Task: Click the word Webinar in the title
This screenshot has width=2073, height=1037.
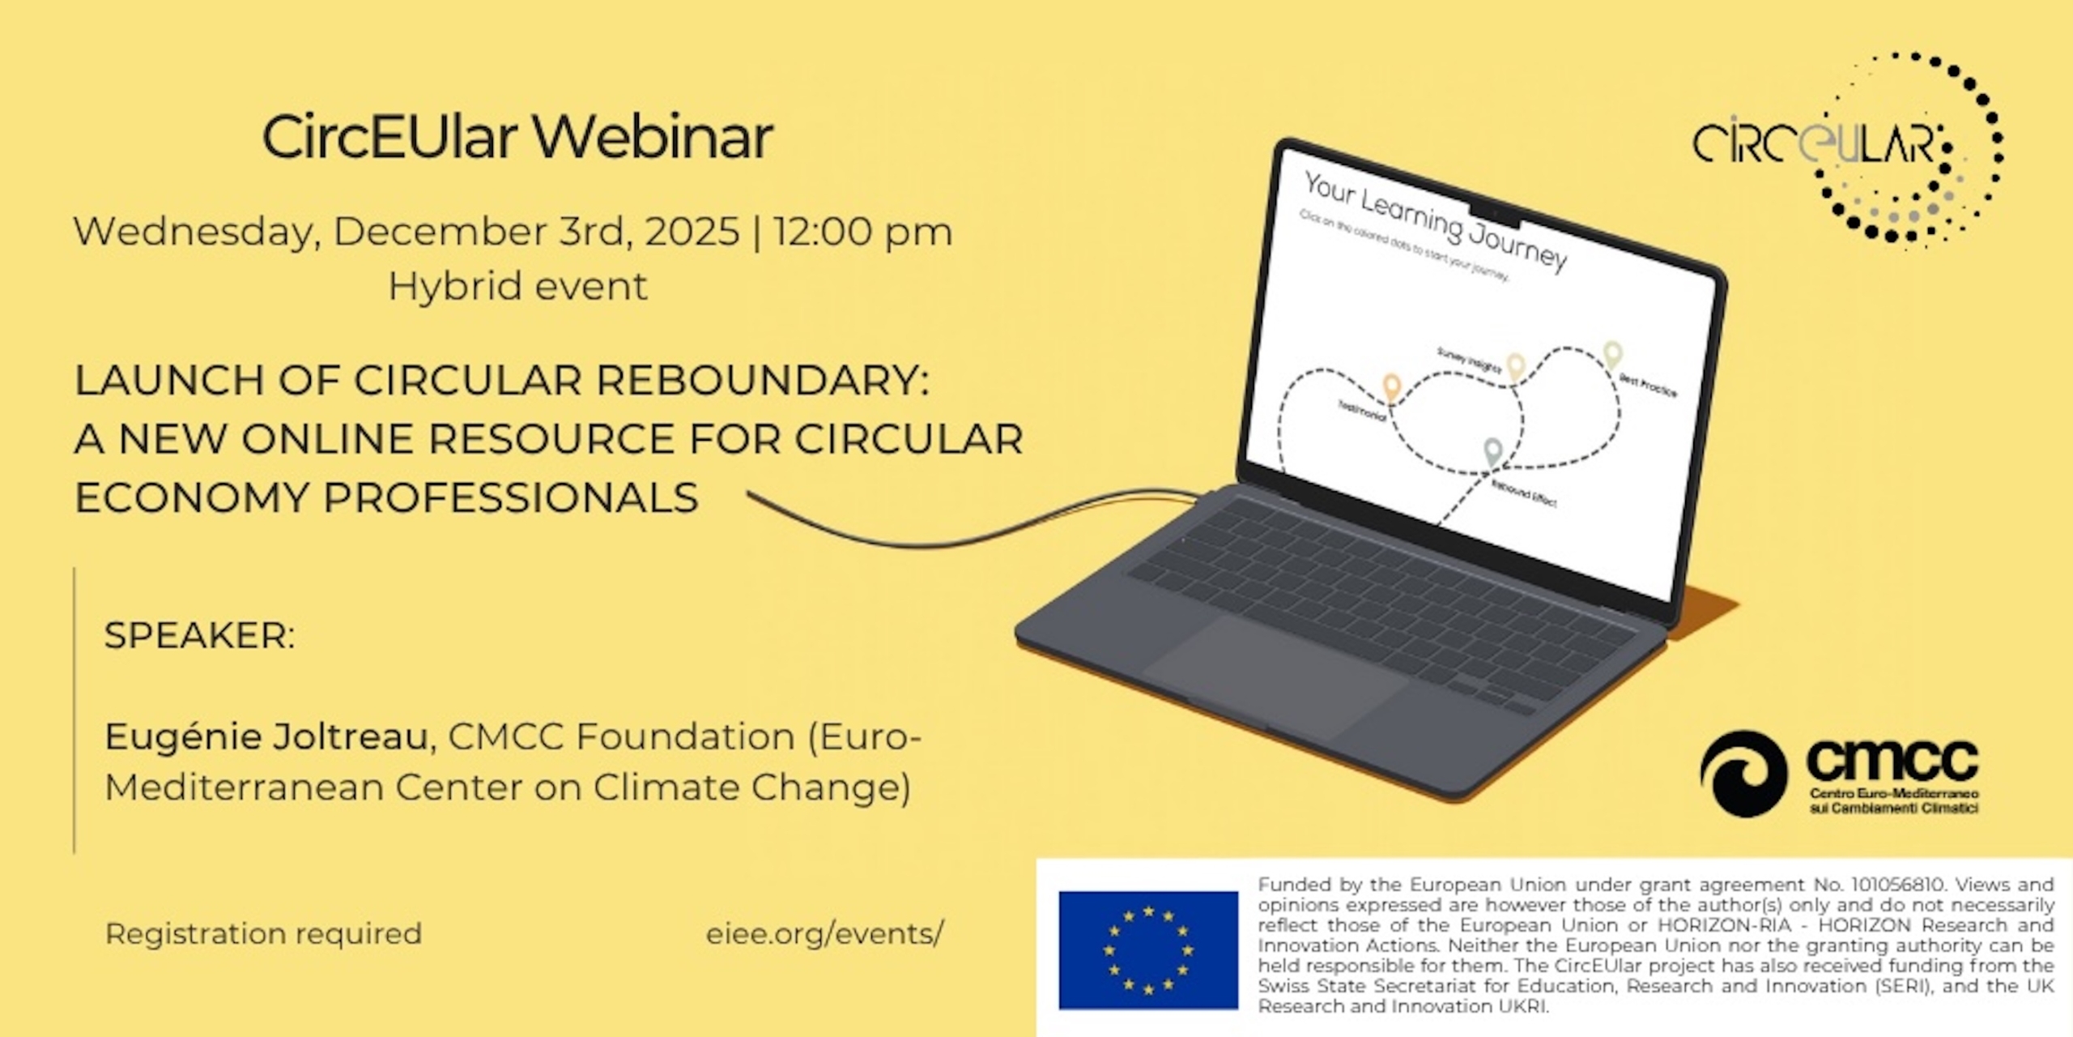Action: tap(653, 137)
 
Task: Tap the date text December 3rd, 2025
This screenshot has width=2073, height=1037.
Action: tap(536, 232)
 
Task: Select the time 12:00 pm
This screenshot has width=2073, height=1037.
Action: tap(862, 232)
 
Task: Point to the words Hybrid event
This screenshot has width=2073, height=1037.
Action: tap(517, 286)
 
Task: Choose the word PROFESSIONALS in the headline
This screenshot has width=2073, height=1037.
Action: tap(510, 497)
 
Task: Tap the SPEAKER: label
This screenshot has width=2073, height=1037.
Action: tap(199, 635)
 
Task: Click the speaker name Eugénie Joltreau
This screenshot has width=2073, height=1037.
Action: tap(270, 736)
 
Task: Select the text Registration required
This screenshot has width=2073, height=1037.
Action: tap(263, 933)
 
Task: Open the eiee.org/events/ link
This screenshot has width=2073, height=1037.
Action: tap(824, 933)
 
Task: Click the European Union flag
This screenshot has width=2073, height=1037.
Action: tap(1148, 950)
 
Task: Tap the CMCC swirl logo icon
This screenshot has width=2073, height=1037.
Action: tap(1743, 773)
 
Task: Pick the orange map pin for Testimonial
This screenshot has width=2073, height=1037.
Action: tap(1391, 387)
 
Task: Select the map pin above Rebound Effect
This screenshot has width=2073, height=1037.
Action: tap(1492, 452)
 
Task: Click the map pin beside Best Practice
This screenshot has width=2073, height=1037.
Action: tap(1612, 353)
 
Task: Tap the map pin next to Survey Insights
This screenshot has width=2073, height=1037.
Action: tap(1515, 366)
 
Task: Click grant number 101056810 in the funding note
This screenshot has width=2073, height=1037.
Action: tap(1895, 885)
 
